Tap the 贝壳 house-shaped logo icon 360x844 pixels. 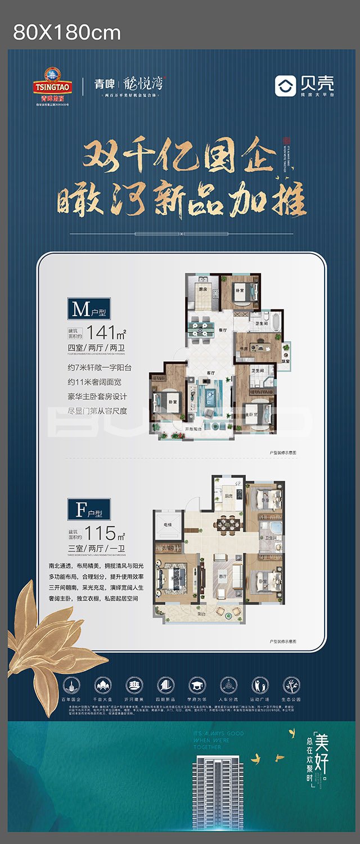tap(285, 85)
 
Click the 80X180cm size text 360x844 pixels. tap(67, 33)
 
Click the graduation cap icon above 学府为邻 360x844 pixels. tap(197, 684)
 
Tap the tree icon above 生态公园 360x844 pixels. tap(291, 684)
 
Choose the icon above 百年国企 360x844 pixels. tap(71, 684)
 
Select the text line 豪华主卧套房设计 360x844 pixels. tap(98, 396)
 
